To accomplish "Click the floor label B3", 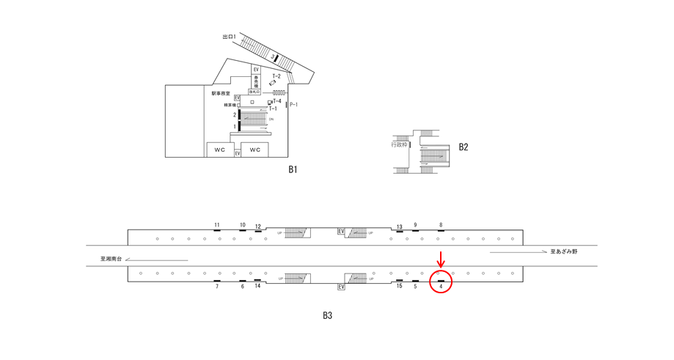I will pos(328,316).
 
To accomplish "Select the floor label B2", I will pos(464,147).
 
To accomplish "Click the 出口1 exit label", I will pos(229,36).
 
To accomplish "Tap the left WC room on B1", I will pos(220,150).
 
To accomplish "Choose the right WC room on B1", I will pos(255,150).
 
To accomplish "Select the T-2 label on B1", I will pos(276,76).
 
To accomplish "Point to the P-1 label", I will pos(294,106).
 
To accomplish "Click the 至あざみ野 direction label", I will pos(565,251).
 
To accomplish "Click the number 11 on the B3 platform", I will pos(217,224).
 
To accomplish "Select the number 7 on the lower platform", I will pos(217,286).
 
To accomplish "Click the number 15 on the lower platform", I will pos(400,286).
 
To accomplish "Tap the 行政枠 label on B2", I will pos(399,144).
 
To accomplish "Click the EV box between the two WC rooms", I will pos(238,153).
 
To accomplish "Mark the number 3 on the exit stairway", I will pos(273,56).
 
